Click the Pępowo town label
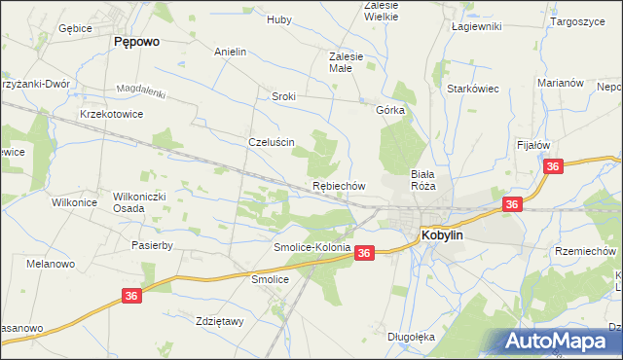coord(137,42)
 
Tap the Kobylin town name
coord(449,234)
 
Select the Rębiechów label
coord(338,185)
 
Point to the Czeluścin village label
coord(272,141)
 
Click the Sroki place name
coord(283,96)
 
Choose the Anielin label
coord(230,52)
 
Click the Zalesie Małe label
coord(346,62)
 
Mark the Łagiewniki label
coord(476,26)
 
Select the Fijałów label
coord(533,145)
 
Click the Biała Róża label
coord(421,179)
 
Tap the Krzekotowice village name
coord(112,114)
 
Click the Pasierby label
coord(152,245)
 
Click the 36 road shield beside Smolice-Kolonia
coord(364,253)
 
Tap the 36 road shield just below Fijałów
coord(554,167)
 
